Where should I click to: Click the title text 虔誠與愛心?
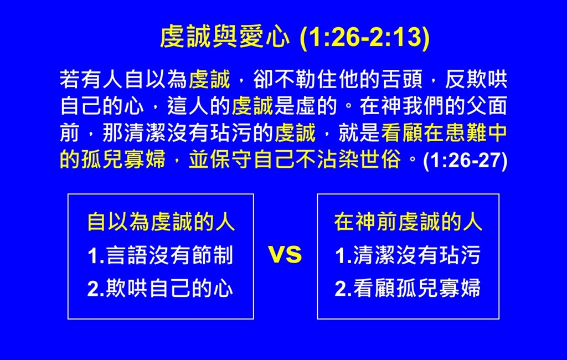coord(225,37)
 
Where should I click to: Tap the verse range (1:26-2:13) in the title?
coord(365,38)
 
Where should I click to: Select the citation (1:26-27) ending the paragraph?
coord(465,160)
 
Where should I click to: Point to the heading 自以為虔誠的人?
coord(161,222)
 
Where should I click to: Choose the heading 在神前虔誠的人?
coord(408,222)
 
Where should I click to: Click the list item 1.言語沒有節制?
coord(160,255)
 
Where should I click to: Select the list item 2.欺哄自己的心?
coord(160,289)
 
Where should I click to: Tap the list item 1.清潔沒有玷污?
coord(408,255)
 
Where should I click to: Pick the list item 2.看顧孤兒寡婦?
coord(408,289)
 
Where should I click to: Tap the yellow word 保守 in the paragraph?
coord(231,160)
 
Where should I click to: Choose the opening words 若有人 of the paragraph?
coord(91,79)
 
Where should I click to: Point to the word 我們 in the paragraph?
coord(423,106)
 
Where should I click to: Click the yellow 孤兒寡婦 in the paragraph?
coord(123,160)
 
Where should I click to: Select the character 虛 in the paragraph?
coord(306,106)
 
